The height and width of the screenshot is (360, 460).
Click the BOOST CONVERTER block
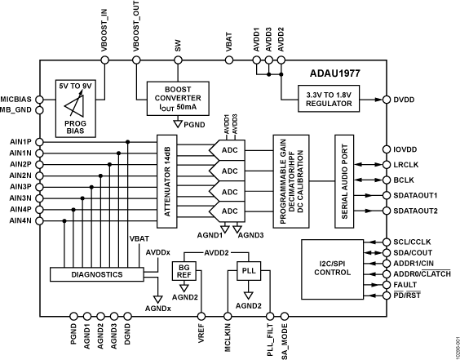178,97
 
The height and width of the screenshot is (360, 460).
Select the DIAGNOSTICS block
86,274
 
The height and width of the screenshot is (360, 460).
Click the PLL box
249,269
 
